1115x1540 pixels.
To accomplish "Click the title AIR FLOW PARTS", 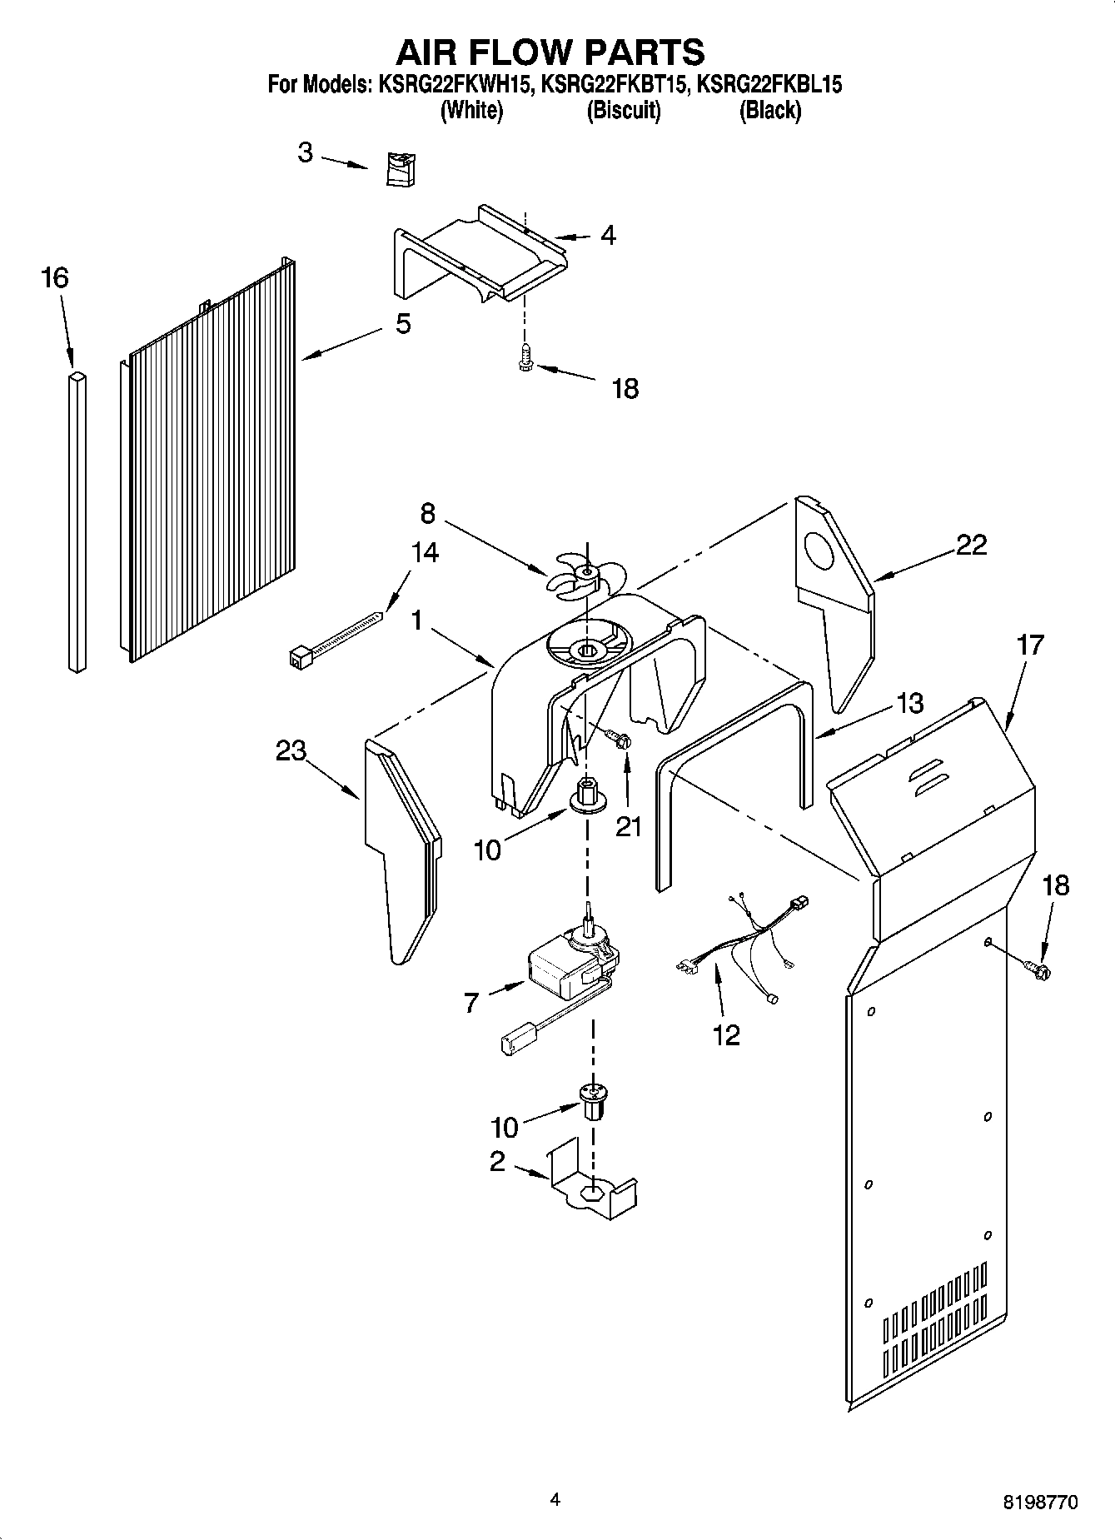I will click(x=550, y=52).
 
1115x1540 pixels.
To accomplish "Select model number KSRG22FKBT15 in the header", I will click(x=614, y=84).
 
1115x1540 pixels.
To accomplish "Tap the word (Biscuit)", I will click(x=623, y=110).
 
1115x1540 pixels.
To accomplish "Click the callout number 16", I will click(x=55, y=277).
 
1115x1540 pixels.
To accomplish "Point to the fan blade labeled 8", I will click(x=585, y=575).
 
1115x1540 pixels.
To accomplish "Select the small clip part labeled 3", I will click(x=401, y=169).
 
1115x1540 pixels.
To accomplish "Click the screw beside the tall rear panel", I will click(x=1037, y=968).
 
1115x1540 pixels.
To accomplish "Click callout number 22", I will click(x=971, y=545).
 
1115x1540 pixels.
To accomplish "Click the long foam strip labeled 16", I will click(x=77, y=522).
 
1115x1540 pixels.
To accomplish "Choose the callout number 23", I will click(x=291, y=750).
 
